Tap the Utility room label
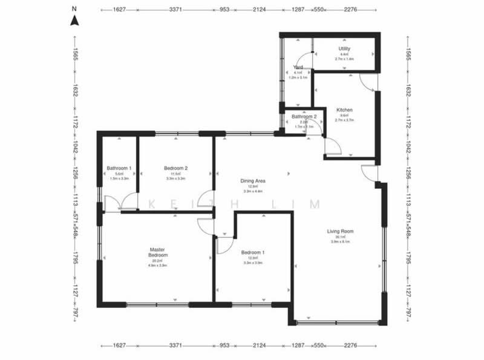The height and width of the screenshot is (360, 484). click(344, 48)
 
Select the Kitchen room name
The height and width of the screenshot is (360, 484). click(344, 110)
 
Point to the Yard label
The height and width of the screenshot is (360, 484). click(298, 67)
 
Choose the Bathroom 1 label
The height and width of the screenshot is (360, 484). click(119, 168)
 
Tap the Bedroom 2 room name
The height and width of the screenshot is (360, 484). click(175, 168)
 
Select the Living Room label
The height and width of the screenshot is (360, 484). click(340, 231)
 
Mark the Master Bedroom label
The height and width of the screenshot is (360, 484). click(157, 252)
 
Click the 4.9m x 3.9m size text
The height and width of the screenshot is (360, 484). click(157, 265)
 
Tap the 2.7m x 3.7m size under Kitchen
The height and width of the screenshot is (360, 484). click(344, 120)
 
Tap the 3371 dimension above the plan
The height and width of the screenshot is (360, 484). click(175, 10)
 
